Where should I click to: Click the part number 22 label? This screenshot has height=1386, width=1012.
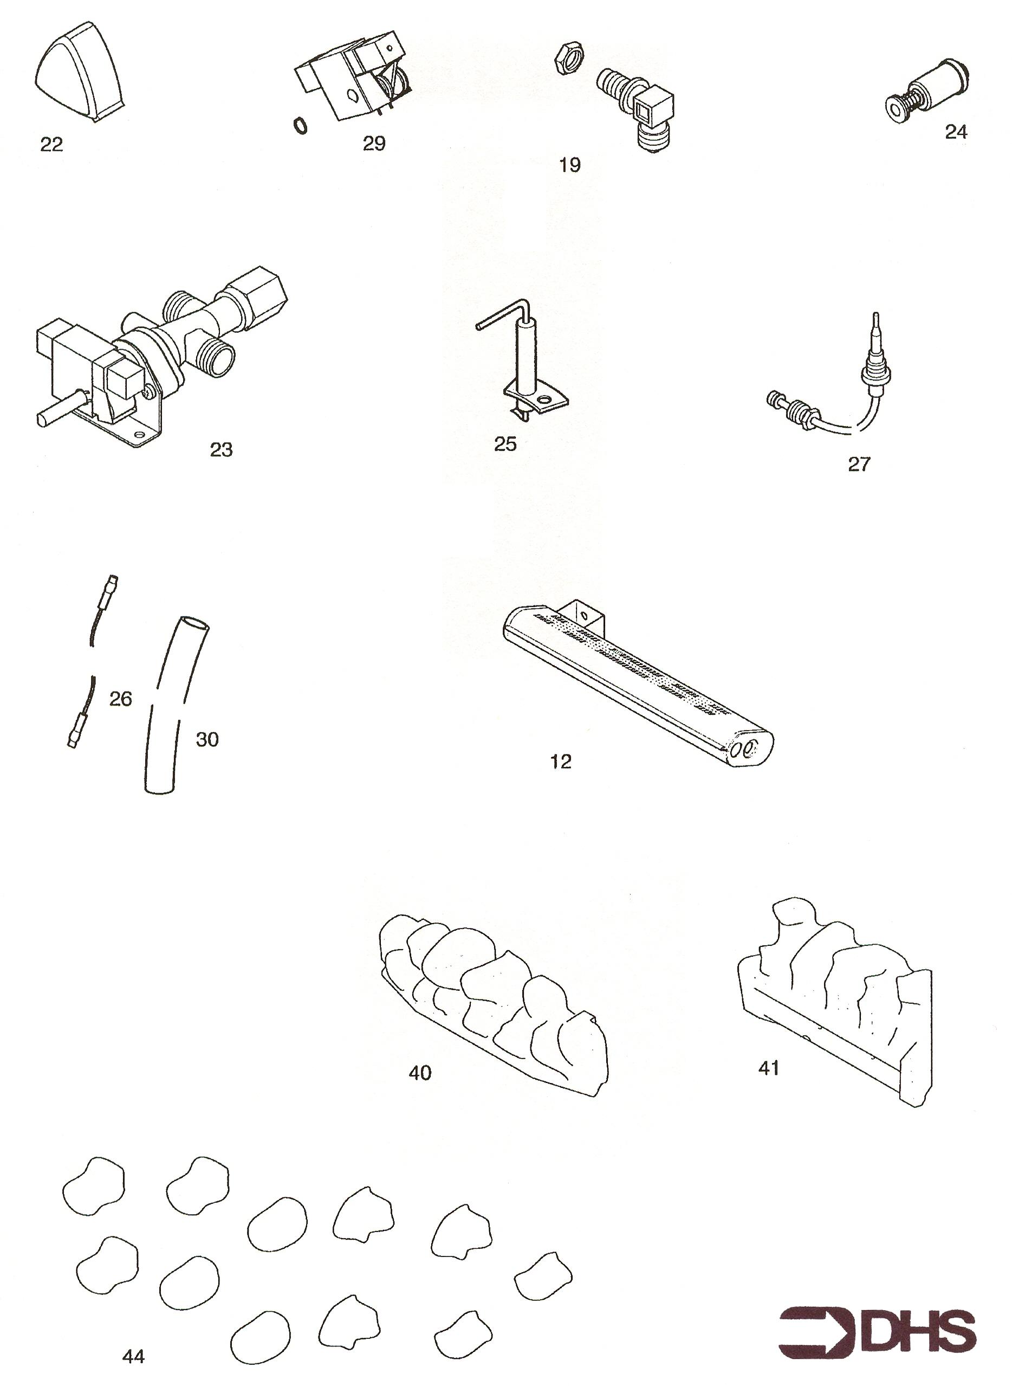[51, 145]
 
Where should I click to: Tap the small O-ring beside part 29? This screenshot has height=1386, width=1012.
[300, 126]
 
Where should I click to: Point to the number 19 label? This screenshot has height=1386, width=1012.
[570, 165]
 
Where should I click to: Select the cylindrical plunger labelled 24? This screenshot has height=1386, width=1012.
[927, 93]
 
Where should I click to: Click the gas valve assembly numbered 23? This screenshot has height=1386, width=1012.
[159, 356]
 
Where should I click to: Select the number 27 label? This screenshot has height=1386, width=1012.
[859, 465]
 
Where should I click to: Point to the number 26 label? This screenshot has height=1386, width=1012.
[121, 699]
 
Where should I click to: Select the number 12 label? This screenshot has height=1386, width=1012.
[561, 761]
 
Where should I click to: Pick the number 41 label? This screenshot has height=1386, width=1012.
[769, 1068]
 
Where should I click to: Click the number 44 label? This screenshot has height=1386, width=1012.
[134, 1357]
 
